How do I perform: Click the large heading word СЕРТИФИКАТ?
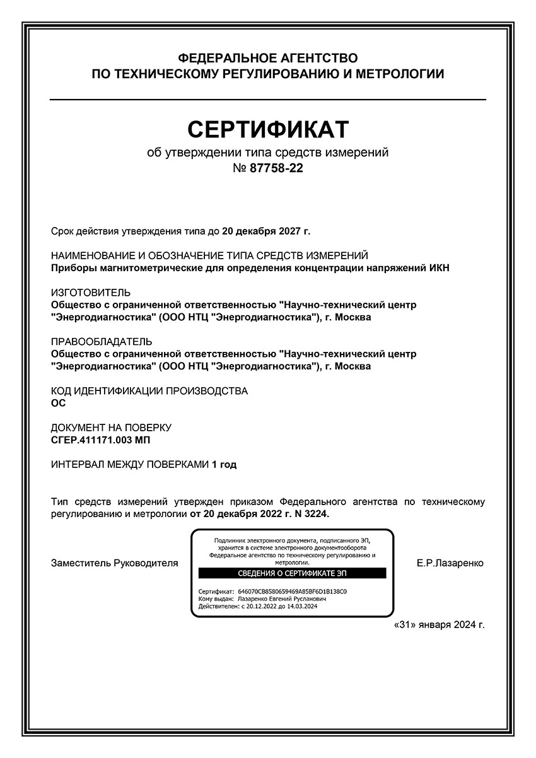(x=268, y=129)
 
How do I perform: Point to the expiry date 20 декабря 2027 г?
(x=266, y=231)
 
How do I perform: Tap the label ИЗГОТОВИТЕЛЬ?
(x=91, y=293)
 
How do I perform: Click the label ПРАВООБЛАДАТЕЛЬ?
(x=101, y=342)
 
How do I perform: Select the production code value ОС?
(x=58, y=403)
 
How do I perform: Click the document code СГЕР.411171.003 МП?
(x=101, y=440)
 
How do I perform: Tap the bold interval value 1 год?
(x=224, y=465)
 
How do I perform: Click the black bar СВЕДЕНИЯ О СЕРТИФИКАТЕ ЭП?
(x=292, y=573)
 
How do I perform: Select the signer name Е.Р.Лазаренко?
(x=450, y=563)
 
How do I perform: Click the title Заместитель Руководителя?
(x=114, y=563)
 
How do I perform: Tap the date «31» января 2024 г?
(x=439, y=625)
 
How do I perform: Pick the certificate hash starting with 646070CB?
(x=293, y=592)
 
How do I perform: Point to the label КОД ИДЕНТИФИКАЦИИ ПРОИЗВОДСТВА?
(x=149, y=391)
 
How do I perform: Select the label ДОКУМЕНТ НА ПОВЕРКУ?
(x=111, y=428)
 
